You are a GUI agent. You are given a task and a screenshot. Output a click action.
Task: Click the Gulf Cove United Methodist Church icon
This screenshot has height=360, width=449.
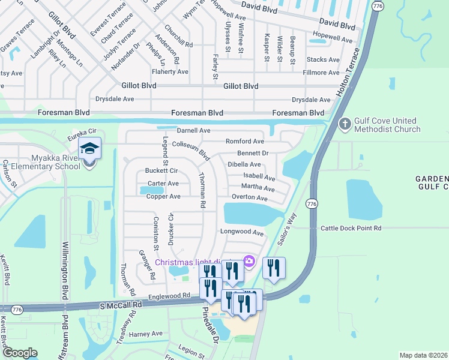(345, 124)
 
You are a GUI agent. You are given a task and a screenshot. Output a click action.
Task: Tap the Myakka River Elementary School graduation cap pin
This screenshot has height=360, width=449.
(89, 148)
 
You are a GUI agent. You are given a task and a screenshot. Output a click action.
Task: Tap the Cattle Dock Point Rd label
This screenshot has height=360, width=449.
(351, 228)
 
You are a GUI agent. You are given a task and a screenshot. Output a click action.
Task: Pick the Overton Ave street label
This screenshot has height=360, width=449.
(249, 197)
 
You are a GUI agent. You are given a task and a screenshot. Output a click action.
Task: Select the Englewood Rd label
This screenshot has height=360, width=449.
(170, 295)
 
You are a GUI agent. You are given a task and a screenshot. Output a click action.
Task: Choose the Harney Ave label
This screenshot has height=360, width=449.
(146, 334)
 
